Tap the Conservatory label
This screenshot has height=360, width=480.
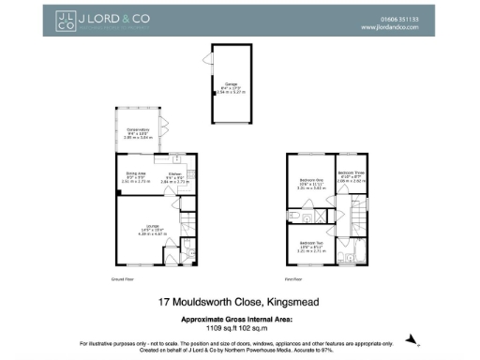pyautogui.click(x=138, y=132)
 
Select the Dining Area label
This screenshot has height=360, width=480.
pyautogui.click(x=136, y=174)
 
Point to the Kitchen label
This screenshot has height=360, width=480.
pyautogui.click(x=173, y=174)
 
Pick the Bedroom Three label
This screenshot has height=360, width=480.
pyautogui.click(x=350, y=174)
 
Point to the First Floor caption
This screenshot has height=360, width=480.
pyautogui.click(x=295, y=279)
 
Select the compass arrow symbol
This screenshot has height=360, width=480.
pyautogui.click(x=409, y=338)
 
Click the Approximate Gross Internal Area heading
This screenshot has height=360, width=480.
pyautogui.click(x=239, y=320)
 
